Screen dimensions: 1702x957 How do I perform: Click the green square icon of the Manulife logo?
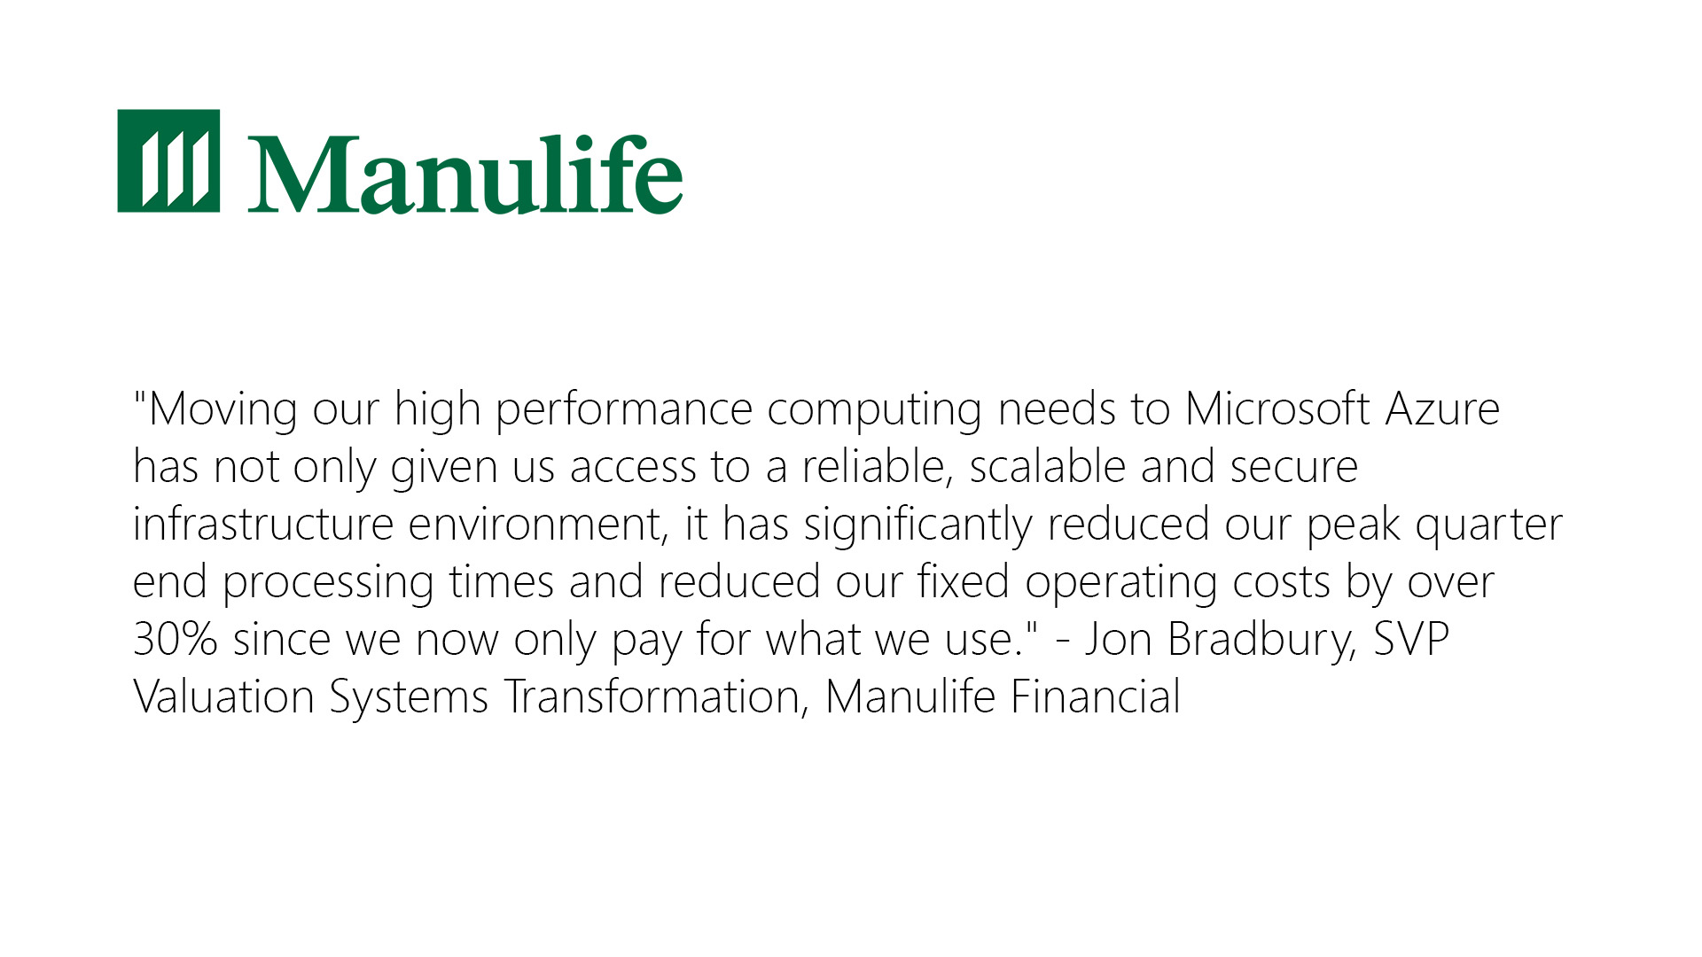coord(168,160)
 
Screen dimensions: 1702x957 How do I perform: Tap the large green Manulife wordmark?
coord(465,173)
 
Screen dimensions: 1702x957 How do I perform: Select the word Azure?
coord(1442,409)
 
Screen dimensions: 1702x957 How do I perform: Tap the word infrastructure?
coord(262,524)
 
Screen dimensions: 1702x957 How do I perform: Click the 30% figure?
coord(175,639)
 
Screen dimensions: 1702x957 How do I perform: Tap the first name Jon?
coord(1119,639)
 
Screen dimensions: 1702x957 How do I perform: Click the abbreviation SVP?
coord(1411,639)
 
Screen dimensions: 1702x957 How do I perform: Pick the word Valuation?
coord(223,696)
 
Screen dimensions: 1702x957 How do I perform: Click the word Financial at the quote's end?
coord(1095,696)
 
